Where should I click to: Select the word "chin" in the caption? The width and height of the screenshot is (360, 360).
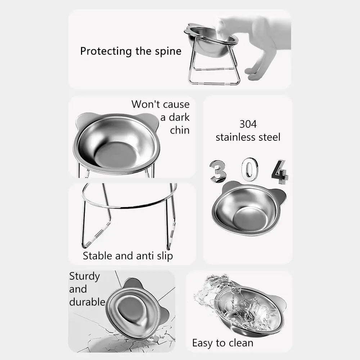[x=180, y=130]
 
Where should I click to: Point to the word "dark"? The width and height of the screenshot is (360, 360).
[x=179, y=117]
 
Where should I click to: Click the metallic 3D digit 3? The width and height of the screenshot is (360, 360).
[x=218, y=171]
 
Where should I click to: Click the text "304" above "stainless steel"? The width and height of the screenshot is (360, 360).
[x=248, y=124]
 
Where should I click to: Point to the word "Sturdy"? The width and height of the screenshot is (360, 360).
[x=85, y=276]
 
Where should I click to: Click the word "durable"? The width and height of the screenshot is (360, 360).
[x=87, y=302]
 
